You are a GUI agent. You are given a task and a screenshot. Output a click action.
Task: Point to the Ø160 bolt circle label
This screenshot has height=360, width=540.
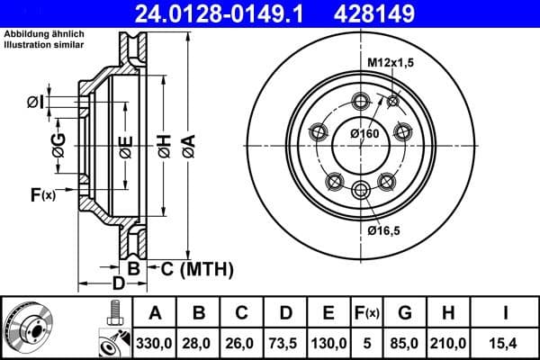click(x=364, y=134)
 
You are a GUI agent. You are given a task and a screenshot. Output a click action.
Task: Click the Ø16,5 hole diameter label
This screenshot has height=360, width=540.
click(x=384, y=230)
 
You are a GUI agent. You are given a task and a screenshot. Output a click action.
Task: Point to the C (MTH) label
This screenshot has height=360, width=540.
click(x=196, y=268)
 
